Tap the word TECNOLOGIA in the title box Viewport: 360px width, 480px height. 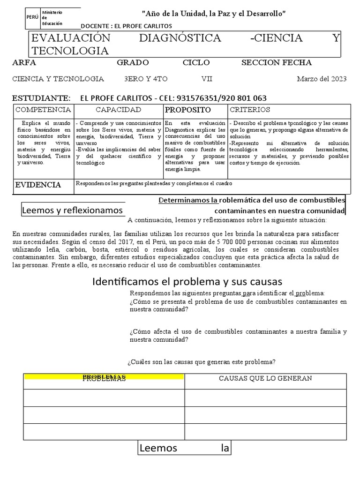pos(70,51)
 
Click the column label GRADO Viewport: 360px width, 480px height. pos(133,63)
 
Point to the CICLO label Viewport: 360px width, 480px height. pos(196,63)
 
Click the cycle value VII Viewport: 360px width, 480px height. pos(207,79)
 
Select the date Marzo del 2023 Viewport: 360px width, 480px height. pos(322,79)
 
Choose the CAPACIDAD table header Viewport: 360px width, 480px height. pos(118,110)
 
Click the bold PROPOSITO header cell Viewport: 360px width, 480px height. pos(188,110)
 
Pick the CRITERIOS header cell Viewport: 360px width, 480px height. pos(250,110)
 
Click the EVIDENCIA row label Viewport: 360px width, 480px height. pos(38,185)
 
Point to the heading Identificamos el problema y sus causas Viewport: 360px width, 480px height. pos(187,281)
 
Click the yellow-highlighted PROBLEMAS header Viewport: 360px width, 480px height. pos(104,378)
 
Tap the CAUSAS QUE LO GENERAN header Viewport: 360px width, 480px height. pos(265,378)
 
